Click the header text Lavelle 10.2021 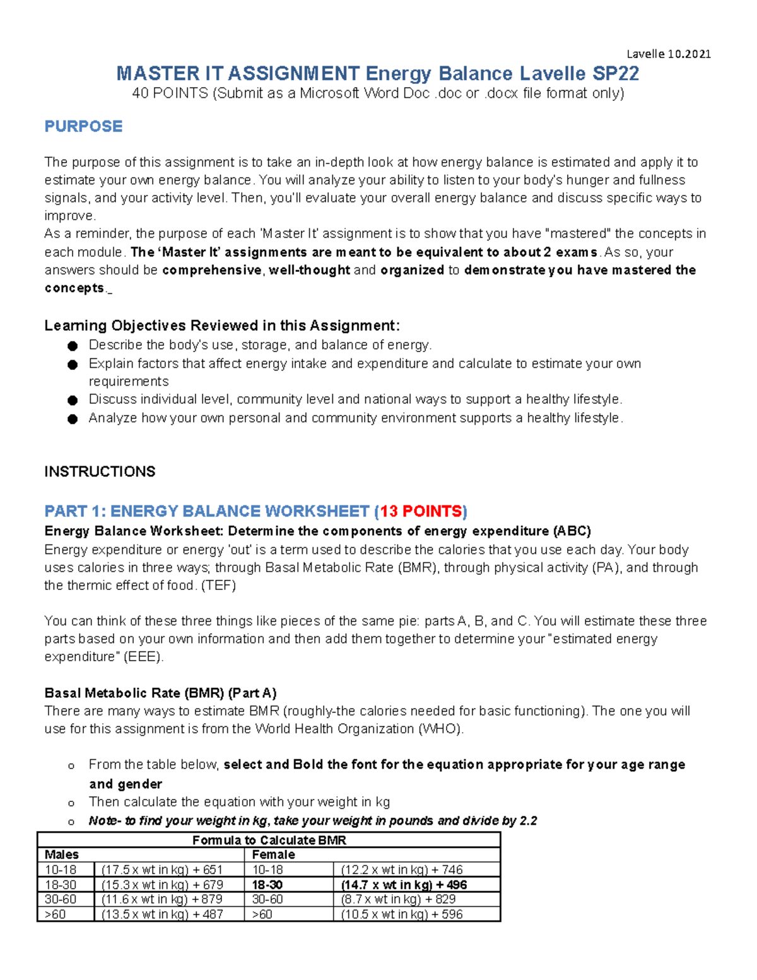pyautogui.click(x=668, y=54)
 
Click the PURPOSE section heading pyautogui.click(x=83, y=126)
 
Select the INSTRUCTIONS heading pyautogui.click(x=100, y=471)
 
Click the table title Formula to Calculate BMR pyautogui.click(x=269, y=840)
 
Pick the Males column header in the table pyautogui.click(x=62, y=854)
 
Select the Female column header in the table pyautogui.click(x=273, y=854)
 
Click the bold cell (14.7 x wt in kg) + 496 pyautogui.click(x=404, y=885)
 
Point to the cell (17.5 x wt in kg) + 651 pyautogui.click(x=162, y=870)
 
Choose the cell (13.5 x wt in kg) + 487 pyautogui.click(x=162, y=914)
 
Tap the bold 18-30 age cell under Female pyautogui.click(x=267, y=885)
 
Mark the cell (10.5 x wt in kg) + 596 pyautogui.click(x=402, y=914)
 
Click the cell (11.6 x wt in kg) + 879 pyautogui.click(x=162, y=899)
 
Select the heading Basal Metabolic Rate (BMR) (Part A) pyautogui.click(x=160, y=693)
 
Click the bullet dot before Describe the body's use pyautogui.click(x=73, y=346)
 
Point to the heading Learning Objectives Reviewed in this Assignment pyautogui.click(x=221, y=326)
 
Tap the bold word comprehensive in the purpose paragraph pyautogui.click(x=211, y=270)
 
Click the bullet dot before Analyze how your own pyautogui.click(x=73, y=419)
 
